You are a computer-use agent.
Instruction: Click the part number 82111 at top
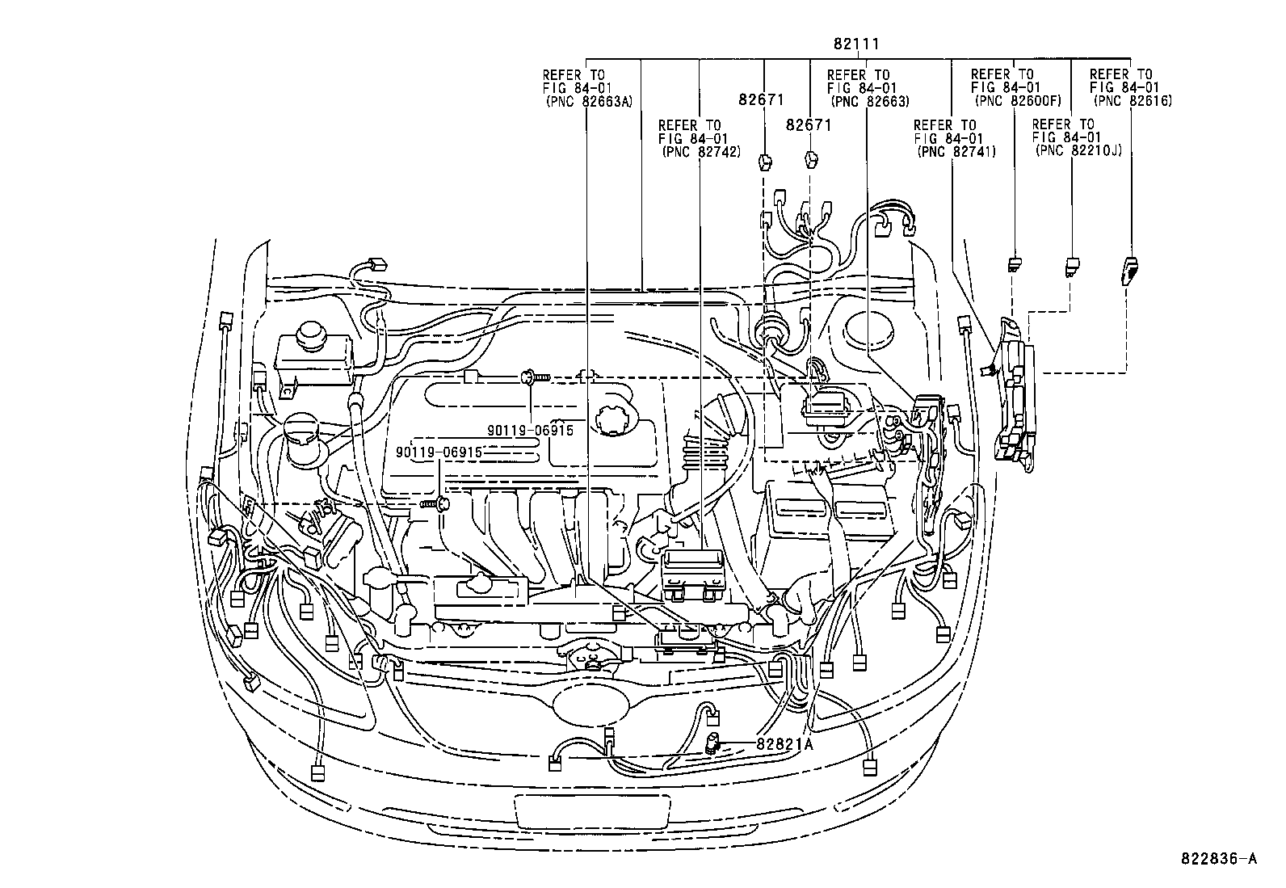pos(857,44)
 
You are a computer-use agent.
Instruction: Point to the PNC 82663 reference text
pos(869,102)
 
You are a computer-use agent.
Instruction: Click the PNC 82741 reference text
pos(956,152)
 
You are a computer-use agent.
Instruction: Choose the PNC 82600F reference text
pos(1018,102)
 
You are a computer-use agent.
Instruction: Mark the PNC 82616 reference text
pos(1132,102)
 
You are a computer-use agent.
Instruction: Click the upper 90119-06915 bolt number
pos(530,431)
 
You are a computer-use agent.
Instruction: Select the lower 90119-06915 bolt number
pos(439,452)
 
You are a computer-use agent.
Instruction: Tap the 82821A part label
pos(784,744)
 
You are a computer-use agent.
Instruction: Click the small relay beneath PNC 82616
pos(1131,269)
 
